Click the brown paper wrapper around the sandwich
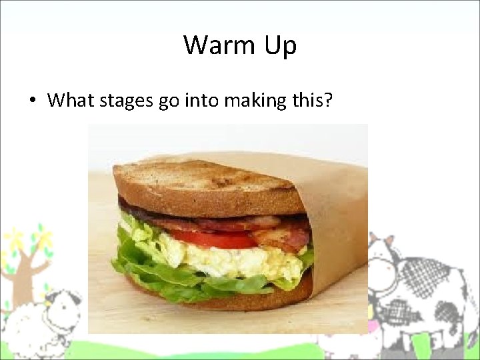(x=340, y=220)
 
